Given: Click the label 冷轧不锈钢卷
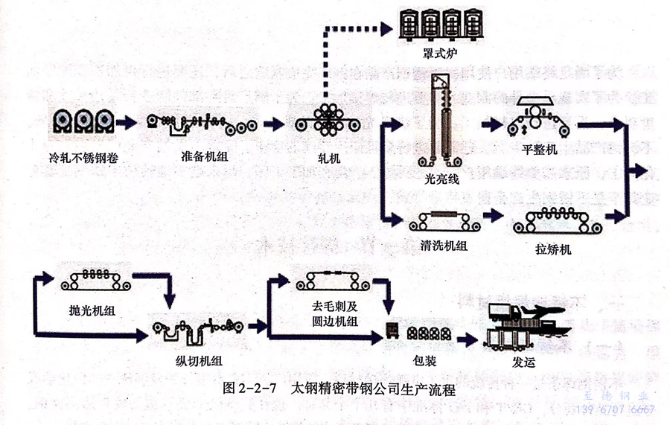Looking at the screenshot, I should point(82,159).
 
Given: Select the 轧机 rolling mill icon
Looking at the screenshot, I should point(328,121).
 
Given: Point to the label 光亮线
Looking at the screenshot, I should point(442,179).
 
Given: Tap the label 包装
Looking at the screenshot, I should point(424,360).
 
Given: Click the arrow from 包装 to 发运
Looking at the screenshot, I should point(467,339).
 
